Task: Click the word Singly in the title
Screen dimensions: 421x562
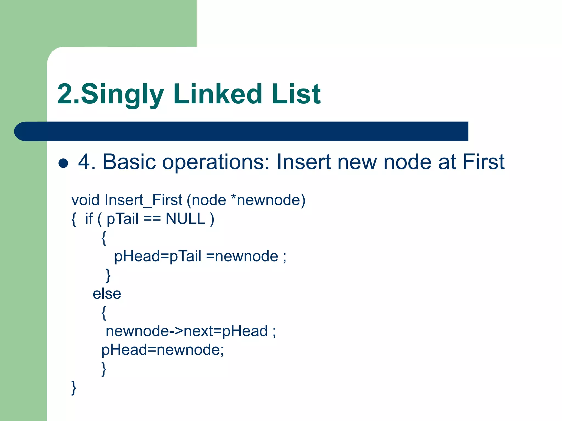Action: (122, 95)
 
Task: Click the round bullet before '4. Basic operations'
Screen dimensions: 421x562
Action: (63, 163)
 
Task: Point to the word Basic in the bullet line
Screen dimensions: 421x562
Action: (129, 162)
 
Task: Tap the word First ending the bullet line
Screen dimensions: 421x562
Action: (484, 162)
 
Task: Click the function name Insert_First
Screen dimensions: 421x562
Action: (143, 200)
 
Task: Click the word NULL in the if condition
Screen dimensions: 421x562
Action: (186, 219)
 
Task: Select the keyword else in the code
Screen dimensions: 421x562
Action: (107, 294)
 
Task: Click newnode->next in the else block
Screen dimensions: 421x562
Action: (159, 331)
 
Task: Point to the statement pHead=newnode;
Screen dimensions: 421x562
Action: (162, 350)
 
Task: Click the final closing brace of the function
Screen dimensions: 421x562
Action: (74, 388)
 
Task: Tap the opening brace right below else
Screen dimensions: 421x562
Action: (104, 313)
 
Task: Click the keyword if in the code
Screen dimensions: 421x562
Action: (89, 219)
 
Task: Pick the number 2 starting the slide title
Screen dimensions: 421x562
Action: (65, 95)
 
